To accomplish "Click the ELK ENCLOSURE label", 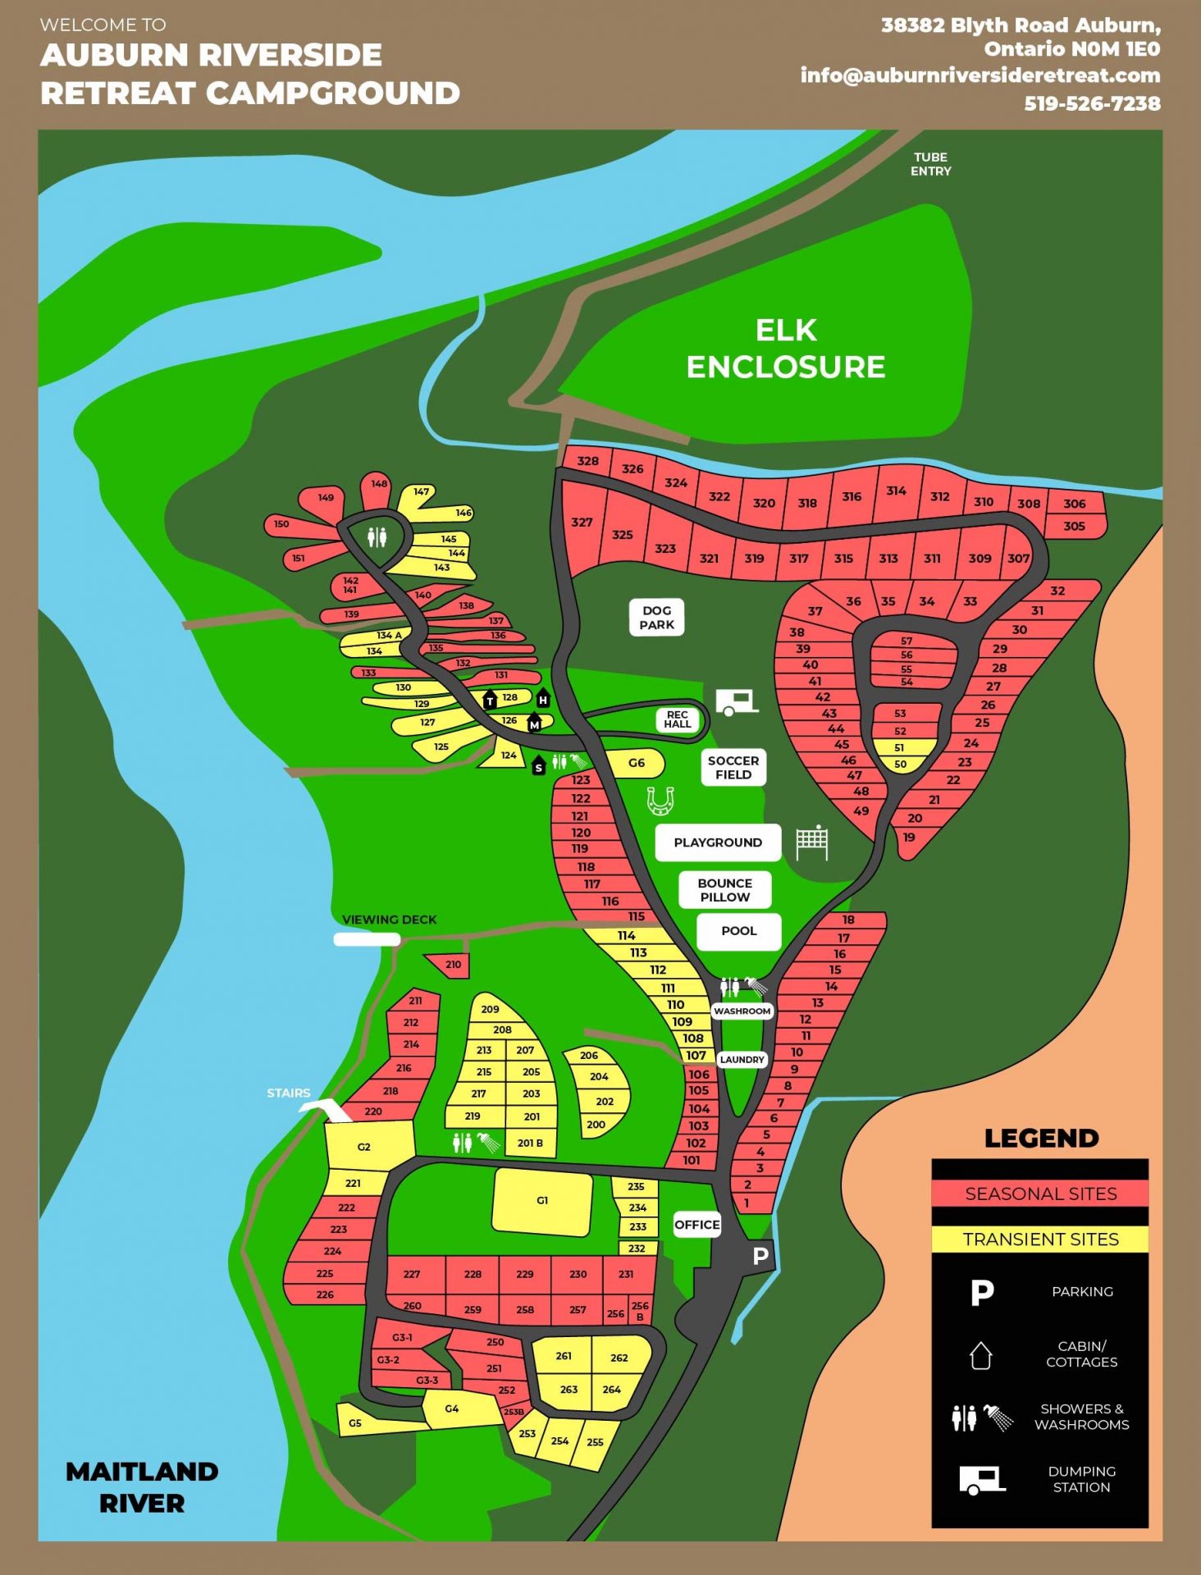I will coord(785,349).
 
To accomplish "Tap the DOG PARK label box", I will coord(657,618).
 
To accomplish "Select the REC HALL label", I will coord(678,719).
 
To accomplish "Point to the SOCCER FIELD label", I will coord(733,768).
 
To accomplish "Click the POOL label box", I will coord(738,931).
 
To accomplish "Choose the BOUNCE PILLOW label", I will coord(724,890).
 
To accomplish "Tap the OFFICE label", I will coord(697,1225).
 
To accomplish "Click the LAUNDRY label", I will coord(742,1060).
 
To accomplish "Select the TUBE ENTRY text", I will coord(930,164).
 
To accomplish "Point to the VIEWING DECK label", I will coord(389,920).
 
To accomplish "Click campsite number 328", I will coord(587,461).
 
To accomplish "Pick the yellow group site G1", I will coord(542,1201).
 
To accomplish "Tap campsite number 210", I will coord(453,965).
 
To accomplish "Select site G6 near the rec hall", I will coord(637,763).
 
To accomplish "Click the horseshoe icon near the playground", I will coord(660,800).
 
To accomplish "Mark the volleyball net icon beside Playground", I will coord(812,842).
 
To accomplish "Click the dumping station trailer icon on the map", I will coord(736,702).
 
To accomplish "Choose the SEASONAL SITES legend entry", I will coord(1040,1194).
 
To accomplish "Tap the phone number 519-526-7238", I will coord(1092,103).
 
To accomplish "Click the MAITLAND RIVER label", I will coord(142,1487).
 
